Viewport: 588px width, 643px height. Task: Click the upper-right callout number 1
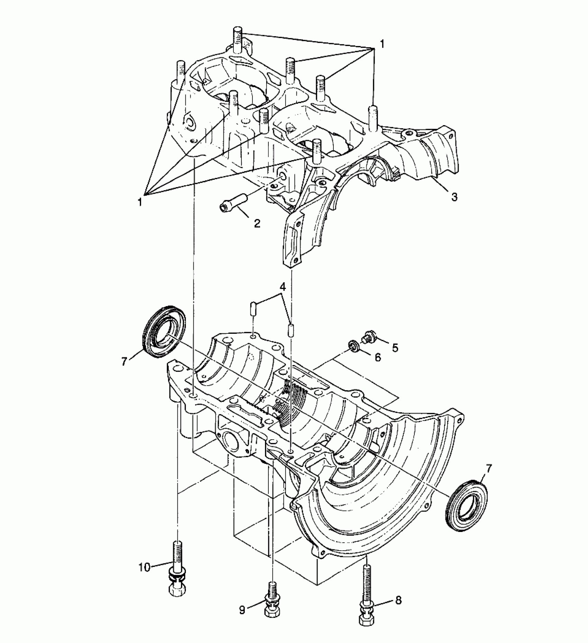(382, 44)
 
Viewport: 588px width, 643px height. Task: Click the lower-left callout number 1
(140, 202)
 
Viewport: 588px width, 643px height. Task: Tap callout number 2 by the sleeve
(257, 223)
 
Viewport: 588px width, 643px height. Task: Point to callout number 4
(283, 287)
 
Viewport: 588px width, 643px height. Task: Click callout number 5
(395, 347)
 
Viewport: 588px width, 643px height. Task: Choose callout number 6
(377, 357)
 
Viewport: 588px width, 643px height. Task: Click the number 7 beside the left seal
(124, 361)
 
